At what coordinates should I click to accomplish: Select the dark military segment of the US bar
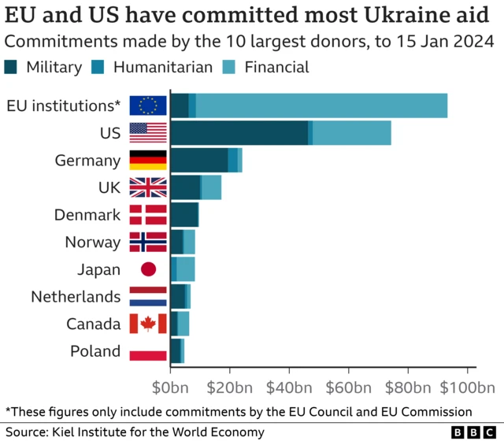(x=239, y=133)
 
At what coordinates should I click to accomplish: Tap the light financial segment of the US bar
(x=351, y=133)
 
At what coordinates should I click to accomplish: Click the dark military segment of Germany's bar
(x=198, y=161)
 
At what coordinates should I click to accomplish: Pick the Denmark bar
(x=184, y=215)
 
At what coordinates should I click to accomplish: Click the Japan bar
(x=183, y=269)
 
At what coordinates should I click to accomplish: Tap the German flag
(x=148, y=161)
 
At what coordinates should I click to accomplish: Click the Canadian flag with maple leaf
(x=148, y=324)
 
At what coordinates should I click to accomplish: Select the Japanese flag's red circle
(x=148, y=269)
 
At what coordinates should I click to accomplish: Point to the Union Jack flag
(x=148, y=187)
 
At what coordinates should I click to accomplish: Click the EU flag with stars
(x=148, y=106)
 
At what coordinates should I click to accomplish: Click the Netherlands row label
(x=76, y=297)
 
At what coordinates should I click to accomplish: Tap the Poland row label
(x=95, y=351)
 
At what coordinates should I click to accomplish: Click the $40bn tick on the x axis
(x=290, y=387)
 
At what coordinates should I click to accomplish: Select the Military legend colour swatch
(x=12, y=67)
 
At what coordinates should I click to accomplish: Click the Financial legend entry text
(x=276, y=67)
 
